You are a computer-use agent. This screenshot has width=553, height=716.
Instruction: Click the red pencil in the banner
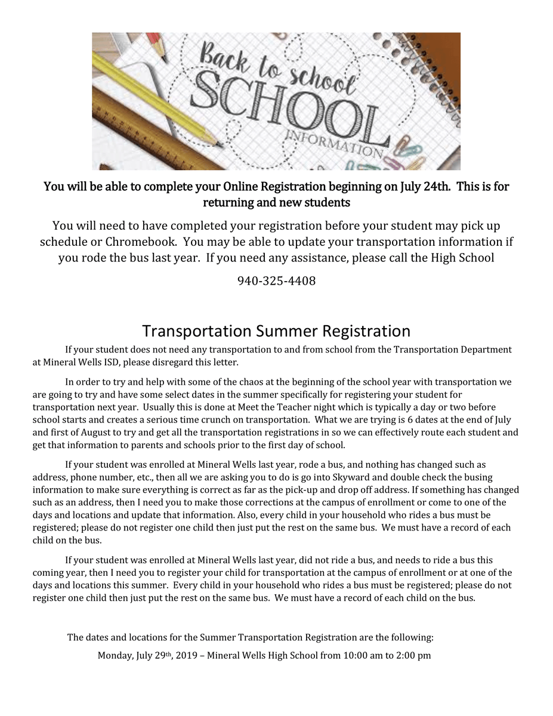pyautogui.click(x=156, y=47)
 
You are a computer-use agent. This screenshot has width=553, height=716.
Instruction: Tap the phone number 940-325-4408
pyautogui.click(x=276, y=280)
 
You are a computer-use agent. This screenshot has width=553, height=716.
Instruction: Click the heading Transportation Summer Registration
pyautogui.click(x=276, y=331)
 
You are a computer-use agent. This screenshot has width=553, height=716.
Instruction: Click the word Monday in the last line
pyautogui.click(x=115, y=655)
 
